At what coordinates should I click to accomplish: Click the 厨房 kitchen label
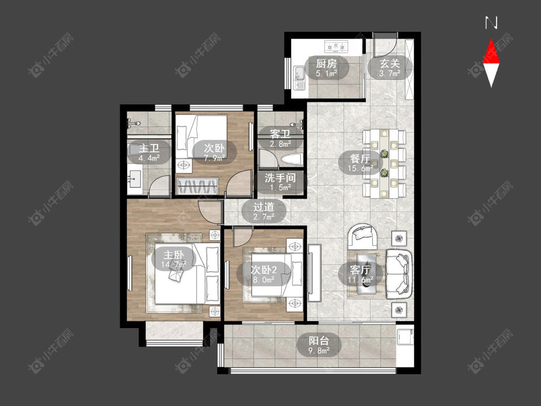click(x=326, y=63)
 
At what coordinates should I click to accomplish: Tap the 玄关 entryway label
click(x=390, y=63)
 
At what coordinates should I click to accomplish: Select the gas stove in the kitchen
click(x=337, y=45)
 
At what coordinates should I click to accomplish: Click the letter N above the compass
click(x=491, y=23)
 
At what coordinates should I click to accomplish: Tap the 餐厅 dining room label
click(x=360, y=159)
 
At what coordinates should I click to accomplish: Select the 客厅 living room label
click(x=360, y=270)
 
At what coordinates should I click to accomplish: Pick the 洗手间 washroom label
click(x=280, y=178)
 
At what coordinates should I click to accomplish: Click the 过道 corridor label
click(x=263, y=207)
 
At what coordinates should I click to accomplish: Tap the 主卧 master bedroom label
click(x=174, y=255)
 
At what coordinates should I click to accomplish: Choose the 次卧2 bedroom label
click(x=263, y=270)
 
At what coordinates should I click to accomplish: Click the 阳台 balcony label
click(x=319, y=341)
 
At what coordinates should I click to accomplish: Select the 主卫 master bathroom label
click(x=149, y=148)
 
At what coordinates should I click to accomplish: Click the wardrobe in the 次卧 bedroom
click(x=197, y=186)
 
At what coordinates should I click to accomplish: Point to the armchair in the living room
click(x=362, y=237)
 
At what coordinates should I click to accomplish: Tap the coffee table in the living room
click(x=366, y=274)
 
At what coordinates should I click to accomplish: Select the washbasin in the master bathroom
click(x=135, y=179)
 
